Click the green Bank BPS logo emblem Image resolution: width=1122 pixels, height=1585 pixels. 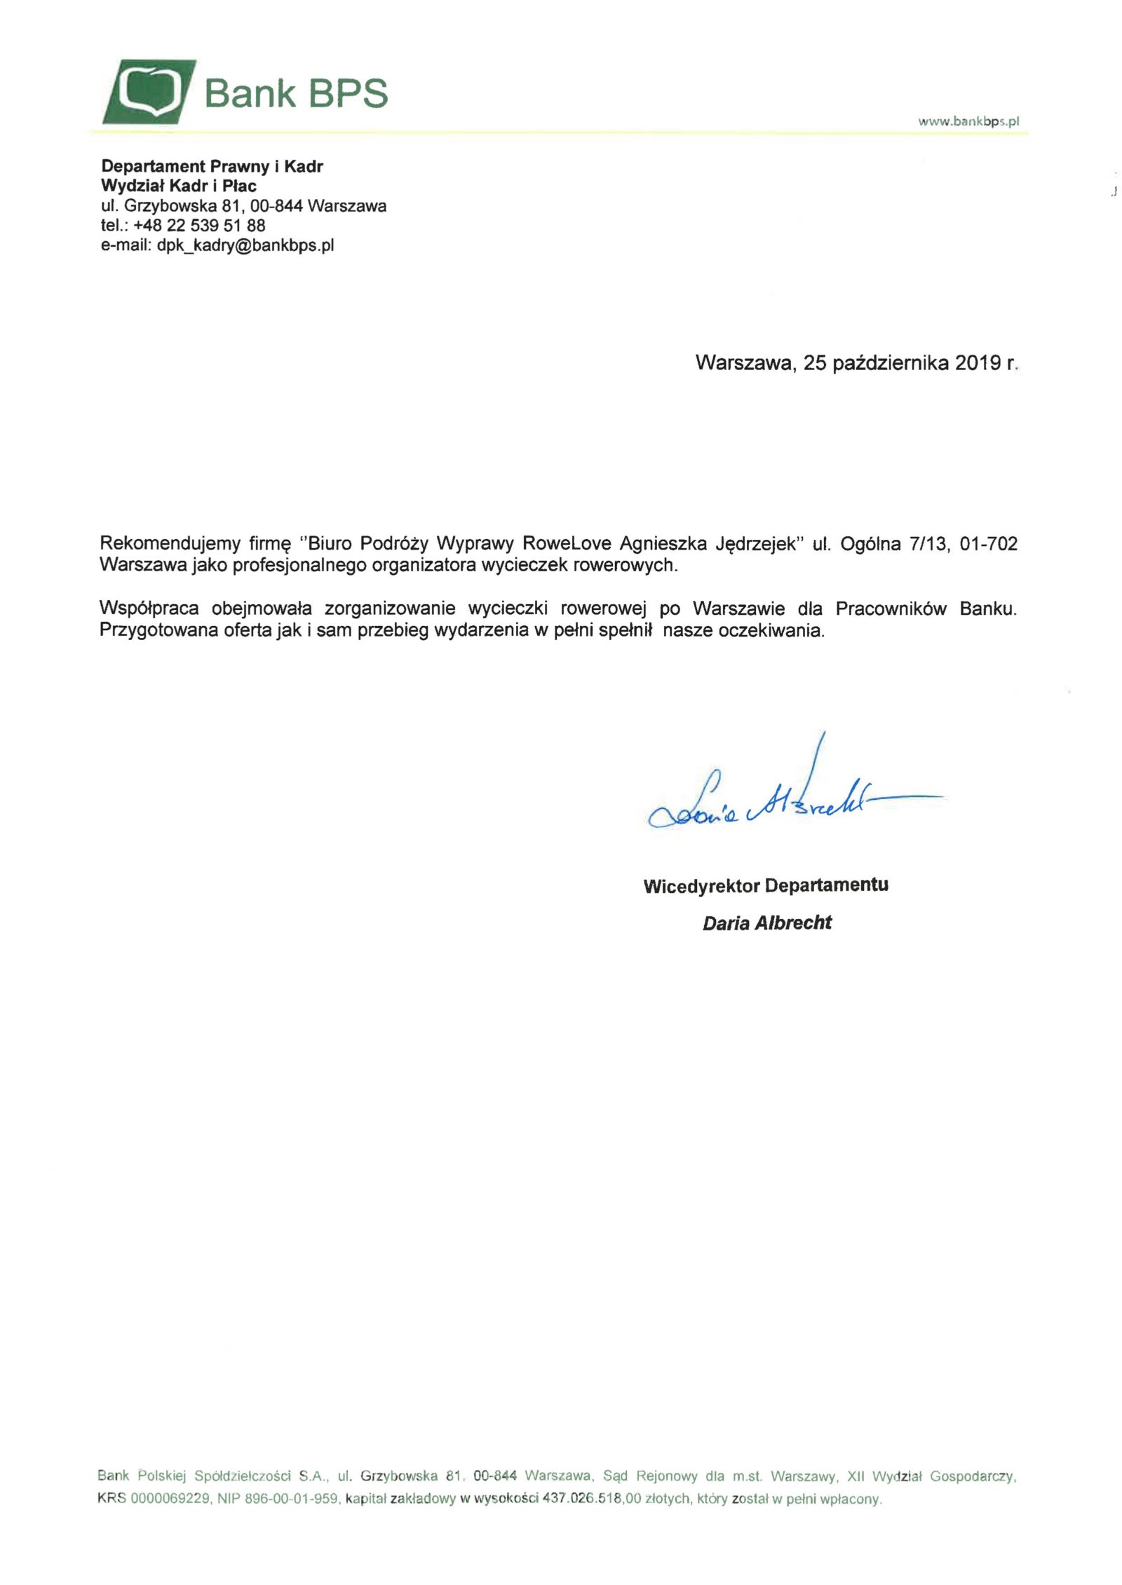click(149, 92)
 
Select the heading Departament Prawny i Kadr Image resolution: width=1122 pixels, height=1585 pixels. click(212, 166)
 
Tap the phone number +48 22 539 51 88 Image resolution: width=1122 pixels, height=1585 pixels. click(199, 226)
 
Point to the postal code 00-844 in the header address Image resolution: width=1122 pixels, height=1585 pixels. click(276, 206)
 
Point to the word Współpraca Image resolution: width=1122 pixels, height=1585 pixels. click(149, 608)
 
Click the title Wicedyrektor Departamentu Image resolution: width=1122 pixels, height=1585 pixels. click(766, 885)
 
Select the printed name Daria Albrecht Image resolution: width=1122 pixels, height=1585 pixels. click(767, 923)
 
